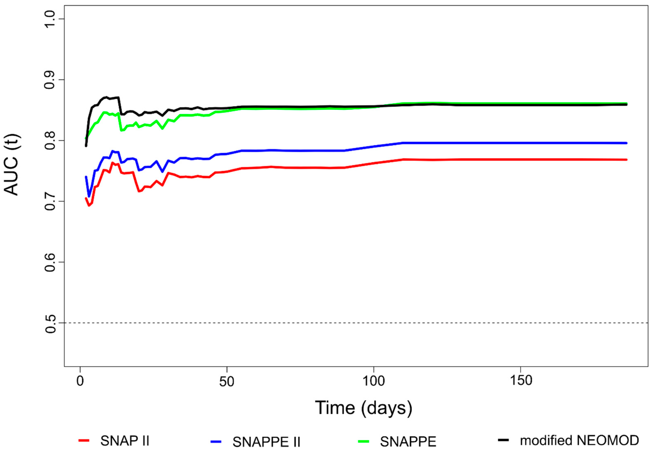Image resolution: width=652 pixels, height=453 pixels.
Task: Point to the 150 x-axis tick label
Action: pyautogui.click(x=521, y=380)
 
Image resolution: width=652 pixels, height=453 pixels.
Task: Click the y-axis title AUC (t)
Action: pyautogui.click(x=11, y=165)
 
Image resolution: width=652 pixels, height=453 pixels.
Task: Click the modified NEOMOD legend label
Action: pyautogui.click(x=579, y=440)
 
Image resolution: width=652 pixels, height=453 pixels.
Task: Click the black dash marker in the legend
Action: pyautogui.click(x=503, y=440)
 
